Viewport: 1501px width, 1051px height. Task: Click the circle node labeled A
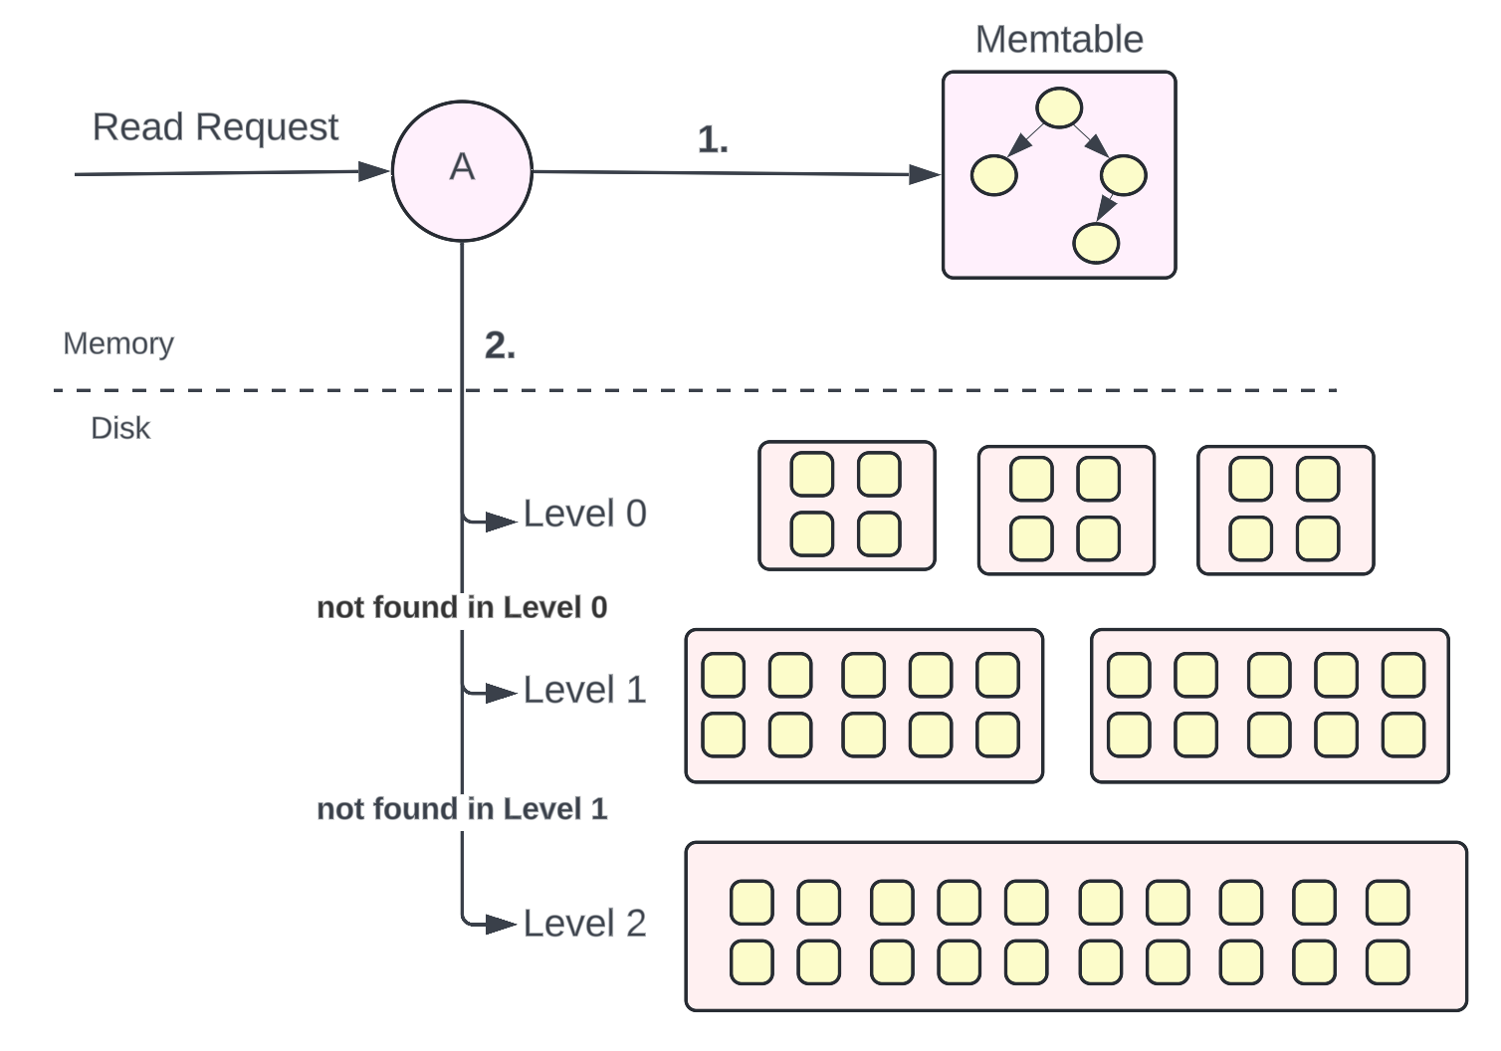(462, 171)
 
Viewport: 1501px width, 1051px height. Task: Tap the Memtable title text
(1059, 40)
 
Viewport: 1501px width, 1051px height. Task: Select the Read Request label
(215, 127)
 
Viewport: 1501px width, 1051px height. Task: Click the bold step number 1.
(713, 139)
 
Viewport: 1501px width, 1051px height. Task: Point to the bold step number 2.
(500, 345)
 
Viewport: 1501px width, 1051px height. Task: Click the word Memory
(117, 344)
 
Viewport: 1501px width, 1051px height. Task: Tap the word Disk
(120, 429)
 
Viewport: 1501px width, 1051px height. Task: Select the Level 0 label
(584, 514)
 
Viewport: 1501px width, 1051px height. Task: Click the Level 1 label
(584, 690)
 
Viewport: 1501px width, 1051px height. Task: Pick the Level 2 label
(584, 923)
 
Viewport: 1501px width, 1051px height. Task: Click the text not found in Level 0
(462, 607)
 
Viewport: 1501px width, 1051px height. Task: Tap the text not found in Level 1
(462, 809)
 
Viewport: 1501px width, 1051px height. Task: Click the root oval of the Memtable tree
(1059, 107)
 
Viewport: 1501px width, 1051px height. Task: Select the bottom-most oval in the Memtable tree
(1096, 243)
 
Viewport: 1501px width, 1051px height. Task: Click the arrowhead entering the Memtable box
(925, 175)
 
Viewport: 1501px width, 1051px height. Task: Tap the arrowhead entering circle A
(374, 171)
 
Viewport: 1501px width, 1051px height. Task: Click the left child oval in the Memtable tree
(994, 175)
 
